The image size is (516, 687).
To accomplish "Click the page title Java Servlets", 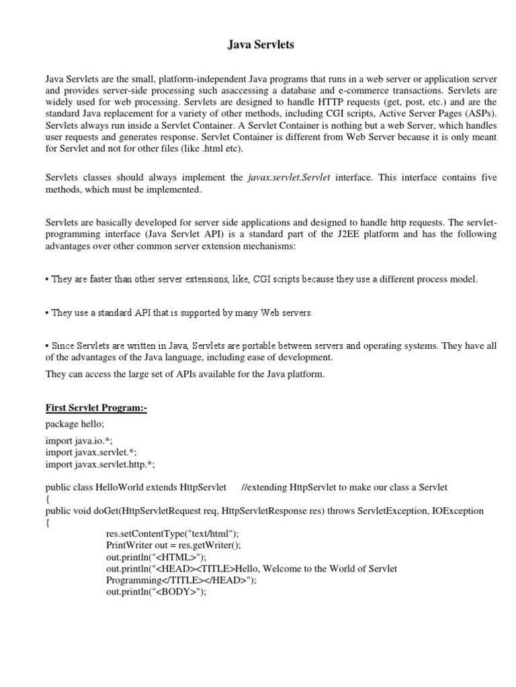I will pyautogui.click(x=258, y=45).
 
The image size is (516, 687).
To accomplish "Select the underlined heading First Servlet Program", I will pyautogui.click(x=96, y=407).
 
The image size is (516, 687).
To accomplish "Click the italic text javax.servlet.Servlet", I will pyautogui.click(x=289, y=178).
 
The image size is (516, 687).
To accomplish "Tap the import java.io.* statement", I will pyautogui.click(x=79, y=441).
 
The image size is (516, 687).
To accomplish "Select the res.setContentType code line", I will pyautogui.click(x=172, y=534).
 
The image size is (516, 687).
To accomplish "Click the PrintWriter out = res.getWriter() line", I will pyautogui.click(x=177, y=545).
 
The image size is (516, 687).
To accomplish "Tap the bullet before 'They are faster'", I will pyautogui.click(x=48, y=279).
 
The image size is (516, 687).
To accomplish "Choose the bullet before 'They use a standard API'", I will pyautogui.click(x=48, y=313).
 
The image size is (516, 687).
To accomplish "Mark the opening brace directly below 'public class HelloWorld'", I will pyautogui.click(x=48, y=498).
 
